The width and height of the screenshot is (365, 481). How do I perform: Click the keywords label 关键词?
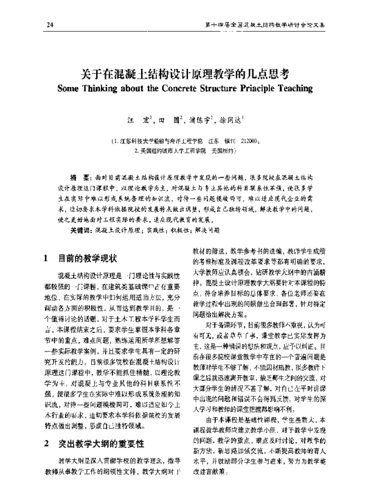click(82, 231)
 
